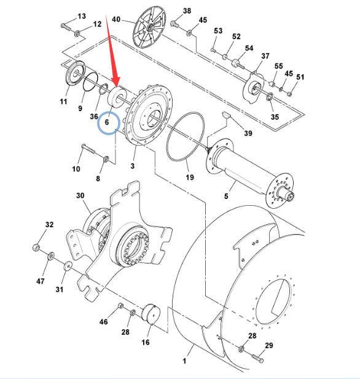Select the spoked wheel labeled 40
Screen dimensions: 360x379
149,27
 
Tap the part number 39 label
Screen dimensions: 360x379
248,133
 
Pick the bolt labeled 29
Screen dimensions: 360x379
258,358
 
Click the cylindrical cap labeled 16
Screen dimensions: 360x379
151,313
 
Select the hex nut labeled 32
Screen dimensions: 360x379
36,248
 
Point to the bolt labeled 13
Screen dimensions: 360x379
66,26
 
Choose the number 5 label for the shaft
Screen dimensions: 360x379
226,196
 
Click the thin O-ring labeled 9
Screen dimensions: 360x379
90,82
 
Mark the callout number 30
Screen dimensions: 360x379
80,195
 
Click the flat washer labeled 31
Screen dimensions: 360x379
68,266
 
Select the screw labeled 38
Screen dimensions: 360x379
174,24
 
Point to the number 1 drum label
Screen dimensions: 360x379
184,361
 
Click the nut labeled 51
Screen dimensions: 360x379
290,93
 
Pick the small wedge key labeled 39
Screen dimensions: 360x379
226,115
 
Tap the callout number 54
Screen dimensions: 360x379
249,48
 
